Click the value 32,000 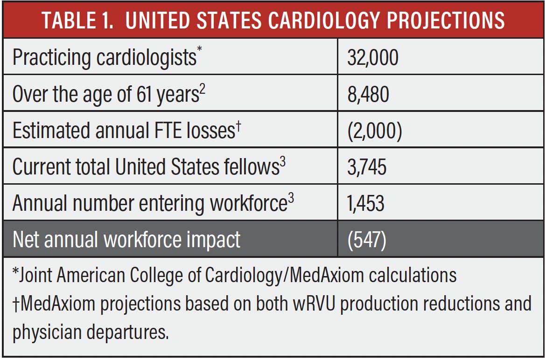click(372, 58)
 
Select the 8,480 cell click(368, 94)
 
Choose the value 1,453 click(366, 203)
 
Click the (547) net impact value click(367, 239)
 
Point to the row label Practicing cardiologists click(104, 58)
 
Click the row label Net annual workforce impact click(126, 239)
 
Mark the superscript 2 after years click(203, 89)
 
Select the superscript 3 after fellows click(283, 162)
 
